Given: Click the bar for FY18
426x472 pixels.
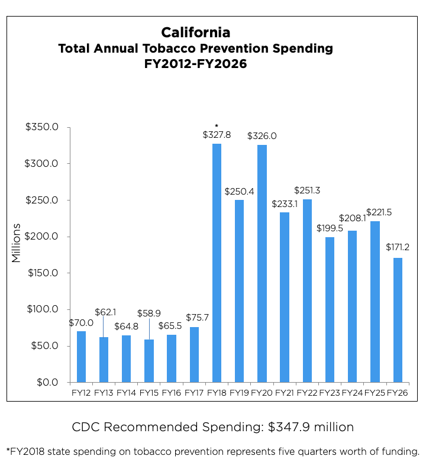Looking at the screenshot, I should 217,263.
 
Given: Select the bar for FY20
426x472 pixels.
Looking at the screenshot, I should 262,264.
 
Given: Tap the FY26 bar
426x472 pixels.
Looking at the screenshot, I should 398,320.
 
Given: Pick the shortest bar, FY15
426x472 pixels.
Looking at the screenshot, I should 149,361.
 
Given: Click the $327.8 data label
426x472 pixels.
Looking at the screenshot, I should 217,135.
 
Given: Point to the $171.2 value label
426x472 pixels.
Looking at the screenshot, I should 398,247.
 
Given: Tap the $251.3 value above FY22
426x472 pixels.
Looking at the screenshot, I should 307,190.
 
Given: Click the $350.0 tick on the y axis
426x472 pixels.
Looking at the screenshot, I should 41,127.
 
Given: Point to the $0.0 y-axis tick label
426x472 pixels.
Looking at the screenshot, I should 47,382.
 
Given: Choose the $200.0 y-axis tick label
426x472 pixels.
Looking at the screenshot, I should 41,237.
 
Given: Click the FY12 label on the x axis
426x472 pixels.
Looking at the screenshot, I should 81,392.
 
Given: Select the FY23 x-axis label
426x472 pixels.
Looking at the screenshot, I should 330,392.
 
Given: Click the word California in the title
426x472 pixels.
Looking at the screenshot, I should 195,32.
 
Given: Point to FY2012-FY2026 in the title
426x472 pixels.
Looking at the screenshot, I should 195,64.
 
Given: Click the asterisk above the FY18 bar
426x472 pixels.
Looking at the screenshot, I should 217,125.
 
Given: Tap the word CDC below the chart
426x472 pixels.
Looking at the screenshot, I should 85,427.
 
